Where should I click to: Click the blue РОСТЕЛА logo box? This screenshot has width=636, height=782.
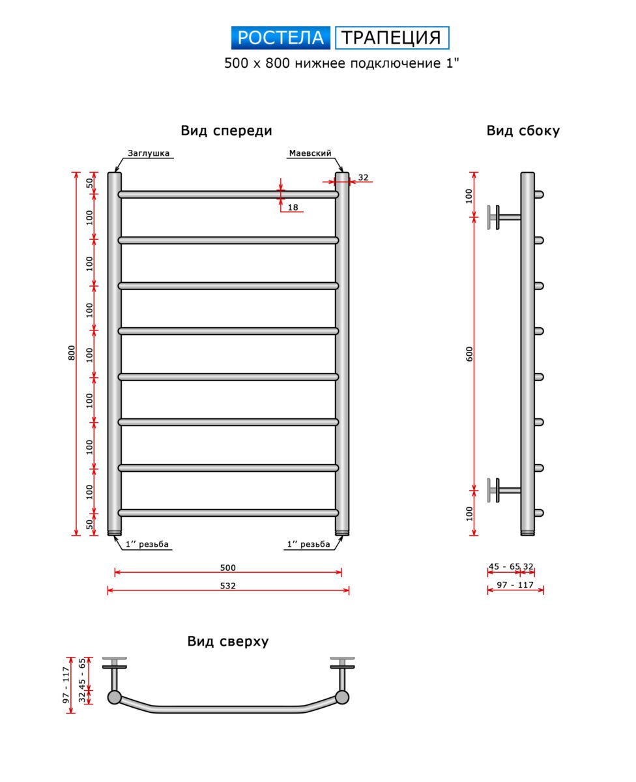click(x=281, y=38)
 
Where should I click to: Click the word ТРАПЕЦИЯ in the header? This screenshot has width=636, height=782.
click(x=392, y=38)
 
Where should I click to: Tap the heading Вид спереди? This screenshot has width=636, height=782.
click(x=226, y=130)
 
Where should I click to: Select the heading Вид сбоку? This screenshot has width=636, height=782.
click(x=523, y=130)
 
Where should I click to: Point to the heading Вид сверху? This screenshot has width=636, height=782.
click(x=228, y=641)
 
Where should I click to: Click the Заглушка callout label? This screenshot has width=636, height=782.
click(x=149, y=153)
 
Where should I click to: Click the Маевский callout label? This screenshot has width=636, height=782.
click(x=310, y=153)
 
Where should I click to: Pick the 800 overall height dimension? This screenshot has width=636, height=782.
click(x=72, y=353)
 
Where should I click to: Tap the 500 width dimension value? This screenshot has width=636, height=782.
click(x=227, y=568)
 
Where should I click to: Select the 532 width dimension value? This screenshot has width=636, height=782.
click(x=227, y=585)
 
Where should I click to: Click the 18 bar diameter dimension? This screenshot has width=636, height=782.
click(x=293, y=207)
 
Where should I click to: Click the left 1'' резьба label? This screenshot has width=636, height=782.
click(x=147, y=544)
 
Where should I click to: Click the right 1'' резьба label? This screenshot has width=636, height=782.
click(x=308, y=544)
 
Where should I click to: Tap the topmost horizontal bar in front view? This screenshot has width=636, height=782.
click(x=228, y=194)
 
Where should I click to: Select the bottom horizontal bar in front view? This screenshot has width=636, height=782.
click(x=228, y=513)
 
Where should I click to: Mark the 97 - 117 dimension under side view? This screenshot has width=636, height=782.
click(x=515, y=585)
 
